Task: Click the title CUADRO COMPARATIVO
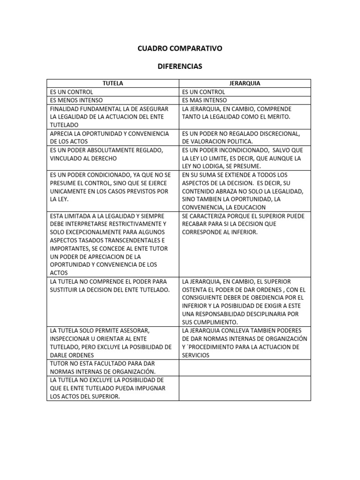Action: tap(180, 48)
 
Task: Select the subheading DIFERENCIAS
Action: tap(180, 67)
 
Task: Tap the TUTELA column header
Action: tap(113, 83)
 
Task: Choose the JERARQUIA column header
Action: tap(245, 83)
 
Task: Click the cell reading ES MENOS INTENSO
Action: tap(76, 100)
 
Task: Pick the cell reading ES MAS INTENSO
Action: tap(204, 100)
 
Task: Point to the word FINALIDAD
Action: tap(65, 108)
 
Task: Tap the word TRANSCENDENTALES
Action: tap(127, 240)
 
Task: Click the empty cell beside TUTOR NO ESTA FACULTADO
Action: tap(245, 367)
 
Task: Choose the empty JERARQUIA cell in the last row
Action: tap(245, 388)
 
